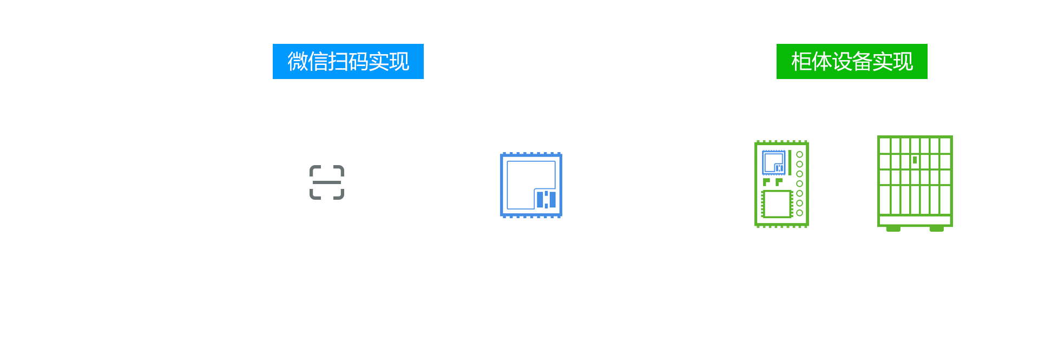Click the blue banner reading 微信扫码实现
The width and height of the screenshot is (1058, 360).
(x=347, y=62)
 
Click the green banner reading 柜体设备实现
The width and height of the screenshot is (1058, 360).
(x=852, y=62)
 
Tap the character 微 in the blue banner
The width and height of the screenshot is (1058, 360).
(x=297, y=62)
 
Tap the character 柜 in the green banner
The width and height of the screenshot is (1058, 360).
(x=801, y=62)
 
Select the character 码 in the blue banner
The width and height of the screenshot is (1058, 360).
(x=358, y=62)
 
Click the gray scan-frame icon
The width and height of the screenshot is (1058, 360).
(x=327, y=182)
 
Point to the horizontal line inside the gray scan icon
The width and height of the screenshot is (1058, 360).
(x=327, y=182)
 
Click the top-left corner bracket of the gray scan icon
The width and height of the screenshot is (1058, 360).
(x=314, y=170)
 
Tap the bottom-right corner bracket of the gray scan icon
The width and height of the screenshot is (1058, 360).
(x=339, y=195)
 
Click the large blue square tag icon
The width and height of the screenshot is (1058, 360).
(x=531, y=185)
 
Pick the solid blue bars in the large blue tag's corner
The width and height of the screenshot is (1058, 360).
(x=546, y=199)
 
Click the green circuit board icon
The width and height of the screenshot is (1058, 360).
(x=781, y=184)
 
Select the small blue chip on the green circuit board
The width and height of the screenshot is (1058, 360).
(x=773, y=162)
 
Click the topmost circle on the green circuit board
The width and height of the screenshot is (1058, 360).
(x=799, y=154)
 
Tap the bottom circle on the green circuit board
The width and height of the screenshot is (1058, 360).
(x=799, y=213)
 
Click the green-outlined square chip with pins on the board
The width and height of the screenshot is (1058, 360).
(x=777, y=204)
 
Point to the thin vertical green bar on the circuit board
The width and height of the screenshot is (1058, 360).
(x=790, y=162)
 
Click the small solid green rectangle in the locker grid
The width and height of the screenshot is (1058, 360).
(x=915, y=160)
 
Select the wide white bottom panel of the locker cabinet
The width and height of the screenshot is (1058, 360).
(x=915, y=220)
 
